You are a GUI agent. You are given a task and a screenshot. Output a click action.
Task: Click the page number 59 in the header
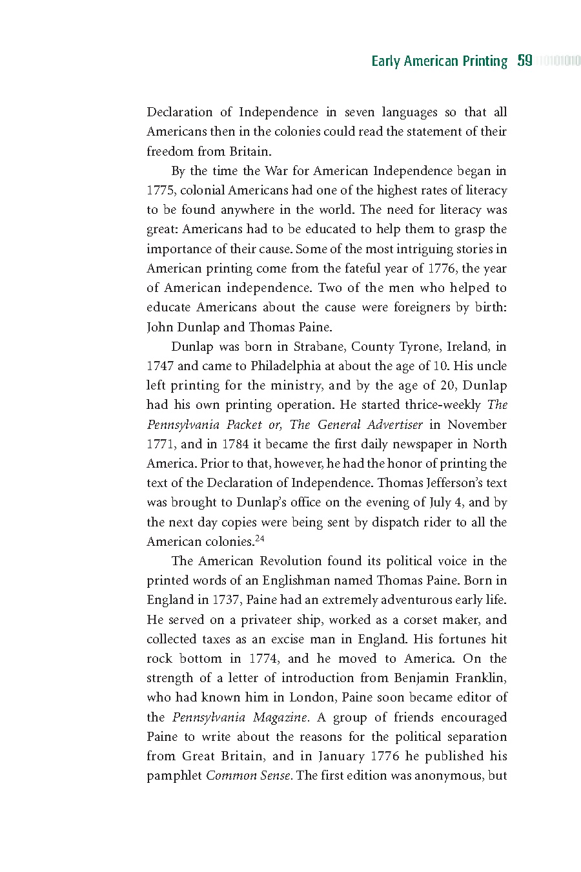point(525,61)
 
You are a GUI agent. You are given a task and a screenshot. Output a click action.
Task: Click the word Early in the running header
point(385,61)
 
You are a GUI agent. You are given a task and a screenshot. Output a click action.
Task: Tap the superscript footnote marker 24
point(260,538)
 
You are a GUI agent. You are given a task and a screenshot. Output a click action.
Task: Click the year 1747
point(160,366)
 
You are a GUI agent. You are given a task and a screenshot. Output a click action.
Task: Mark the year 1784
point(236,444)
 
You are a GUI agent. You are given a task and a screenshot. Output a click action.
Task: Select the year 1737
point(226,599)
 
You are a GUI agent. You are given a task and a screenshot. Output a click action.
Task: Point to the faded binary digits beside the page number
point(559,61)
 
